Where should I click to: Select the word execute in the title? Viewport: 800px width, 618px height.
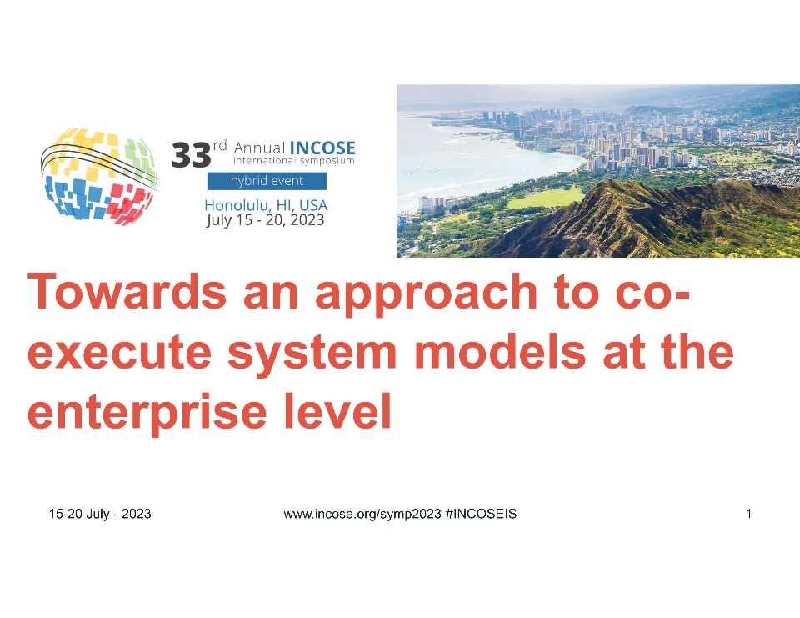[119, 353]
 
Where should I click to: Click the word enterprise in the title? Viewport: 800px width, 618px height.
[147, 413]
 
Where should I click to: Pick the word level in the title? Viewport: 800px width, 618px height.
[338, 410]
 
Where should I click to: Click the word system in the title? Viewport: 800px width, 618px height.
[312, 354]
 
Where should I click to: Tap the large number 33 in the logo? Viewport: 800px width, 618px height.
[192, 155]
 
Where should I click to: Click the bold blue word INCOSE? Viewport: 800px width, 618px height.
[322, 148]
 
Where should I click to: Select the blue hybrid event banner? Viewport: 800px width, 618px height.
[267, 181]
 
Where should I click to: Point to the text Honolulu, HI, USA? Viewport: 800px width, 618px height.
[266, 205]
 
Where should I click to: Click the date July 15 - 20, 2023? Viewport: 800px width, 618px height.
[265, 220]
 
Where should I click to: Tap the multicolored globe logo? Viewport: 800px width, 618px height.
[99, 176]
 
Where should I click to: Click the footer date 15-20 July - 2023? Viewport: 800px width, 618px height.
[100, 514]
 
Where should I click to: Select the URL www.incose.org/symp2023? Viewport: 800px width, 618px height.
[362, 514]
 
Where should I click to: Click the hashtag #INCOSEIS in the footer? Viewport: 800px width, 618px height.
[481, 514]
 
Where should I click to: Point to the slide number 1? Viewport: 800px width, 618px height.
[748, 514]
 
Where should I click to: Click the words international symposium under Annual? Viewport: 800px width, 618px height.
[294, 160]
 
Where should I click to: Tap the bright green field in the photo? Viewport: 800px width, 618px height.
[547, 198]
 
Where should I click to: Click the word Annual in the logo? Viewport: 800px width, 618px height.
[259, 148]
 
